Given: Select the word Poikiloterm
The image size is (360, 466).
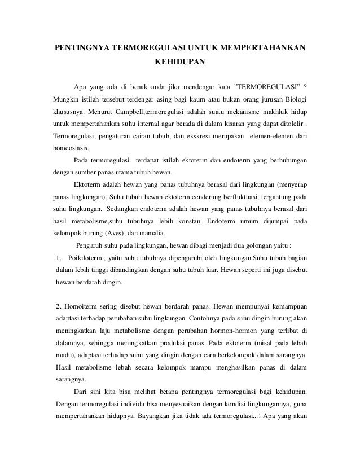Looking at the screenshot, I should [85, 258].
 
